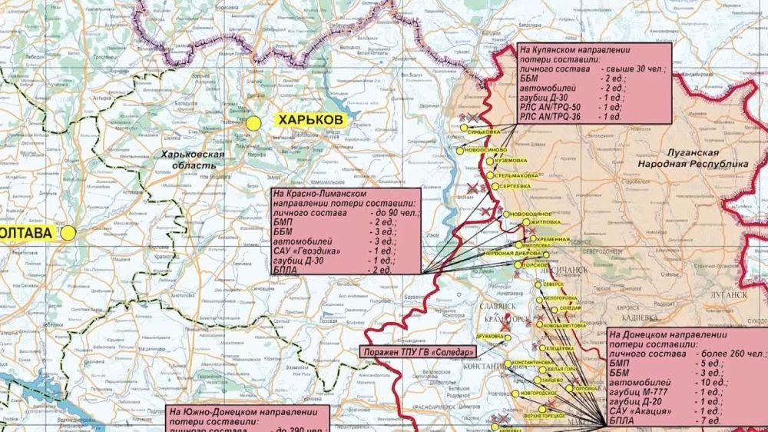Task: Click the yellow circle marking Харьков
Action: (254, 122)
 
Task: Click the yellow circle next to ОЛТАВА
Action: (68, 232)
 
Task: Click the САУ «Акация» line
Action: (641, 411)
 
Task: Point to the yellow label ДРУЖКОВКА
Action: (489, 337)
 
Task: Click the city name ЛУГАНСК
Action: (727, 294)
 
